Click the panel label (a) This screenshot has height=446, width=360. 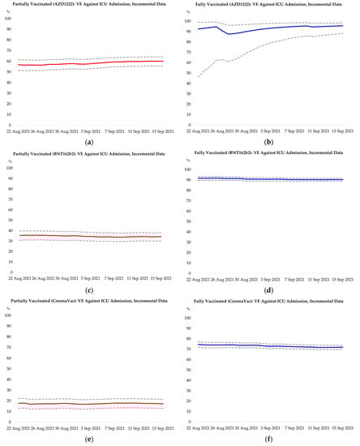pyautogui.click(x=91, y=144)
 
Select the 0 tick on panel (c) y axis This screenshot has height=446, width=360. pyautogui.click(x=9, y=273)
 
